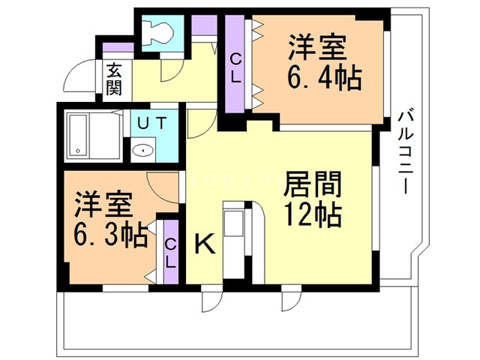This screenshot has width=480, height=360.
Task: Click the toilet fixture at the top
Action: tap(160, 31)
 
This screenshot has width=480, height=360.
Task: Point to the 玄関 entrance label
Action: tap(114, 79)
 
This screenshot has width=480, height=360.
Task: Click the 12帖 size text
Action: tap(313, 215)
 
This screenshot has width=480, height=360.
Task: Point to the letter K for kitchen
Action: tap(205, 244)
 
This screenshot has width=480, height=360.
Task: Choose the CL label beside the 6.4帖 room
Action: tap(235, 65)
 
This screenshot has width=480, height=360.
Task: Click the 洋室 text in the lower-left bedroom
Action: tap(103, 205)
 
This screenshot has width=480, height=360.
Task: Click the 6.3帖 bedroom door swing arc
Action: tap(159, 184)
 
